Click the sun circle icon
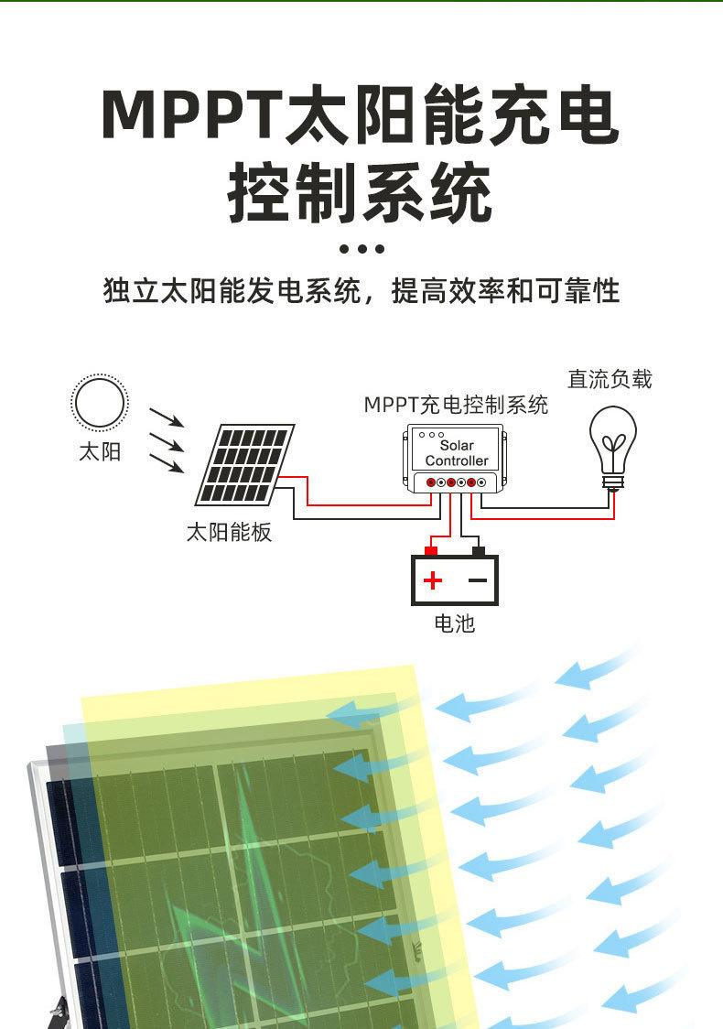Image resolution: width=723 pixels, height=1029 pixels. (x=100, y=403)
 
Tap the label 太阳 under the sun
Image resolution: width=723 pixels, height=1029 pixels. (x=100, y=451)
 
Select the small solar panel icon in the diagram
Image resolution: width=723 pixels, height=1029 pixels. (x=243, y=464)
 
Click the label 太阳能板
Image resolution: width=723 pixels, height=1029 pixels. (x=229, y=532)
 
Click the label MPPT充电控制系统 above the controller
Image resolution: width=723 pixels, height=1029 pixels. (x=456, y=405)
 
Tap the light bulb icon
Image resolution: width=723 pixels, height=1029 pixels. (x=612, y=443)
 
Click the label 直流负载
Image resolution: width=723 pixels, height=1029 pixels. (x=610, y=379)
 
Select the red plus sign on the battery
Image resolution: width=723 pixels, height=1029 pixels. (x=433, y=580)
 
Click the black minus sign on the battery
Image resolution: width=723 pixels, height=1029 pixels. (x=477, y=580)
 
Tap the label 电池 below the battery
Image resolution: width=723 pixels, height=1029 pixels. (x=455, y=623)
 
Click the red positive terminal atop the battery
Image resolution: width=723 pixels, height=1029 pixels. (x=430, y=551)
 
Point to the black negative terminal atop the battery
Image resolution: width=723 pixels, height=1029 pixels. (x=478, y=551)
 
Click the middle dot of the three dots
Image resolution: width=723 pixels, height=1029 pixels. (x=361, y=249)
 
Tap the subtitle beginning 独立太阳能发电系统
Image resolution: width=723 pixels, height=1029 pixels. (x=361, y=291)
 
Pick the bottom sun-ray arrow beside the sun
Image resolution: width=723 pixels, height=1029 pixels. (x=166, y=463)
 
